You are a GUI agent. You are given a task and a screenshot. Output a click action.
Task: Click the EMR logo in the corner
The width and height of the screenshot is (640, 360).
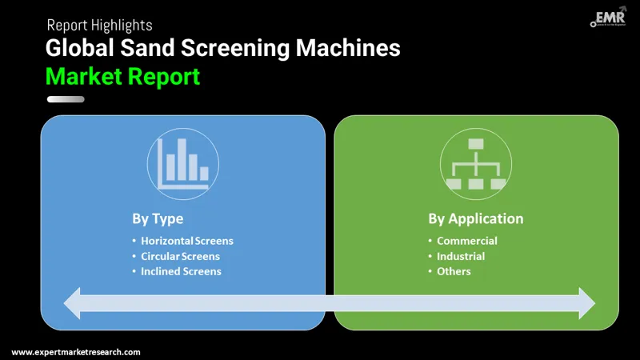(610, 18)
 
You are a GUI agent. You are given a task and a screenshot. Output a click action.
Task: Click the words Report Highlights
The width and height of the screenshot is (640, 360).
(99, 26)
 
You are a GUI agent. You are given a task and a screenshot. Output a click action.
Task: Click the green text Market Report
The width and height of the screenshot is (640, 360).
(122, 77)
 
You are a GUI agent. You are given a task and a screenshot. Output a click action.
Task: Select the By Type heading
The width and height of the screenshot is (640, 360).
(158, 218)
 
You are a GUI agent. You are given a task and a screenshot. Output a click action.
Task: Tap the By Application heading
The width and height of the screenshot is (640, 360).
(475, 218)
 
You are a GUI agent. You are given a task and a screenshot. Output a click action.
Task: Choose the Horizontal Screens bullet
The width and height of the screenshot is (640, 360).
(187, 241)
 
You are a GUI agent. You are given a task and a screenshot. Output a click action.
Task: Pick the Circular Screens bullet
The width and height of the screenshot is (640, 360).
(180, 256)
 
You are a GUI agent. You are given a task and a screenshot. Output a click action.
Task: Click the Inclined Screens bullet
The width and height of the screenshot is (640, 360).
(181, 271)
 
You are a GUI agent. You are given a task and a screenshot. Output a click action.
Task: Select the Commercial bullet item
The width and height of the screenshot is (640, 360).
(466, 241)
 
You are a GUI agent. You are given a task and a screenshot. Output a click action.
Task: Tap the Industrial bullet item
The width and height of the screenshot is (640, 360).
(461, 256)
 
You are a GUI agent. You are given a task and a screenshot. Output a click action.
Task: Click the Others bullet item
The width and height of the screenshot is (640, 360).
(454, 271)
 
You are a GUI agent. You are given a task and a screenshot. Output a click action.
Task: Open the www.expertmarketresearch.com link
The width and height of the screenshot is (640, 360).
(76, 352)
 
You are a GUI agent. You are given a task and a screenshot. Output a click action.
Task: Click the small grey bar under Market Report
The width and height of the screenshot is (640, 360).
(66, 99)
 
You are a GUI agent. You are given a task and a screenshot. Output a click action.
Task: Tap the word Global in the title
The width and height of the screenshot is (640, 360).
(78, 48)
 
